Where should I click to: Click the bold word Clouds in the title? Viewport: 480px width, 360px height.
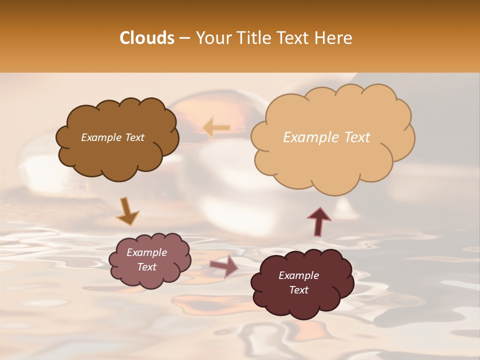click(x=147, y=38)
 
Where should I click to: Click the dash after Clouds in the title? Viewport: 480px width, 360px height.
click(x=185, y=38)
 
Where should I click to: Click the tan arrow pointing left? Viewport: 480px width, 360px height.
click(x=217, y=128)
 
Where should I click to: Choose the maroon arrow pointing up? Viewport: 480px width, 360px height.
click(x=319, y=220)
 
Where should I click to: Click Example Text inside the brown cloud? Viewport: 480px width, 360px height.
click(x=112, y=137)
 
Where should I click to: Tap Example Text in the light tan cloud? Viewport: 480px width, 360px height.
click(x=326, y=137)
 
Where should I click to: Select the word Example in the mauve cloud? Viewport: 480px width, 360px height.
click(x=146, y=252)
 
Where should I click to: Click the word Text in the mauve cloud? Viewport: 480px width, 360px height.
click(x=146, y=267)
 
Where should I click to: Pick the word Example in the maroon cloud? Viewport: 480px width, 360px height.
click(x=298, y=275)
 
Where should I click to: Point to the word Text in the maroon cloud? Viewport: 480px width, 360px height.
click(x=298, y=290)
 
